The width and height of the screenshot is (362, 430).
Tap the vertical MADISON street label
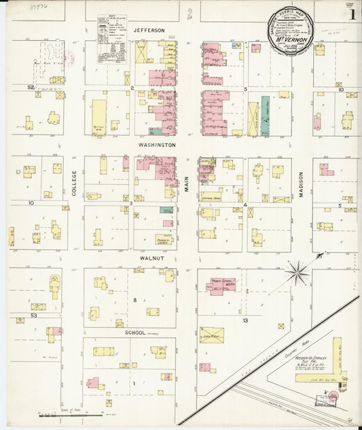tap(301, 184)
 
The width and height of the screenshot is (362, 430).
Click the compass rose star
tap(297, 274)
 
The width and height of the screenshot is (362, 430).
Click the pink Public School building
tap(221, 284)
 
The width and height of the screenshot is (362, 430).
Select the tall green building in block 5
tap(265, 116)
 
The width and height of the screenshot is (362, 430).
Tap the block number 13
tap(245, 320)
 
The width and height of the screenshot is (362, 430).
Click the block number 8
tap(134, 300)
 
